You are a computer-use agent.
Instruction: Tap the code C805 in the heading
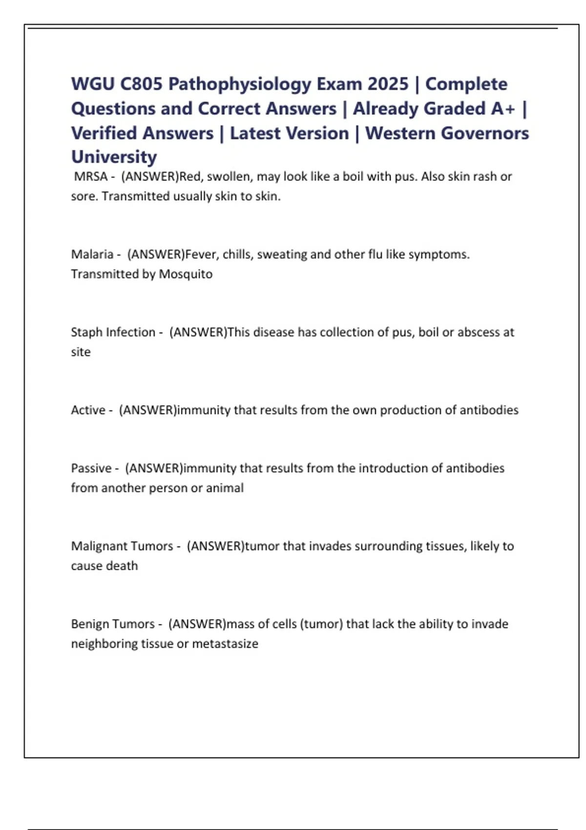[141, 84]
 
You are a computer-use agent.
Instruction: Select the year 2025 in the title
[388, 84]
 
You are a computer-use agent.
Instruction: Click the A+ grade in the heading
[503, 108]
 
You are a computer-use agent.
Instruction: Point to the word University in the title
[114, 157]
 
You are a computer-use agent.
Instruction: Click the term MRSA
[91, 176]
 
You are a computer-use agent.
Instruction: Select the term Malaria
[92, 254]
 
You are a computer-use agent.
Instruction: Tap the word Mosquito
[186, 274]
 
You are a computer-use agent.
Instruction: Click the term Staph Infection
[113, 332]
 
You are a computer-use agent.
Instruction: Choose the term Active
[88, 410]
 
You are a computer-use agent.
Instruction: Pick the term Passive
[91, 468]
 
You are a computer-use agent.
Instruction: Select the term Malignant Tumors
[122, 546]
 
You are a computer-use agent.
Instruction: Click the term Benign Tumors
[113, 623]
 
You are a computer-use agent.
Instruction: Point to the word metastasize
[225, 643]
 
